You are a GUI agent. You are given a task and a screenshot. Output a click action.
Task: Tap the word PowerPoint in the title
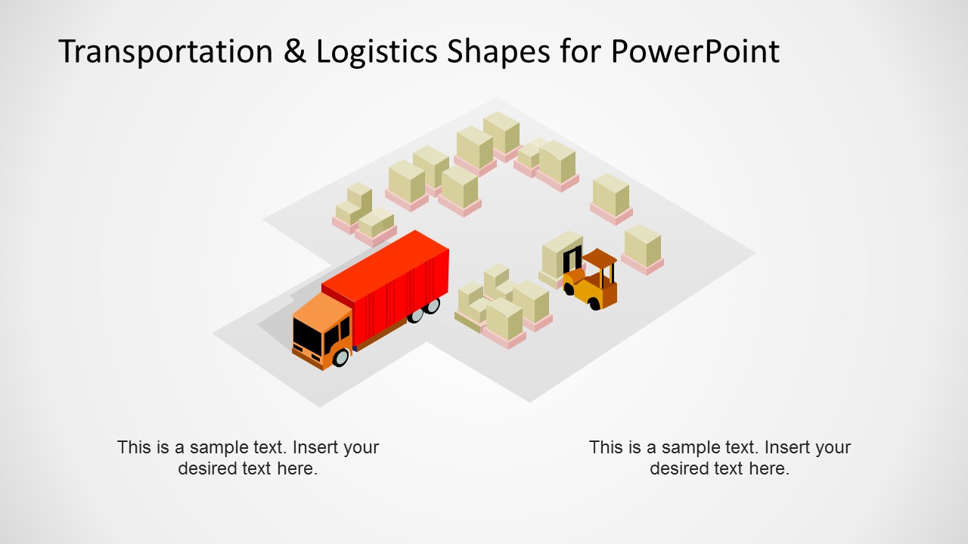(694, 51)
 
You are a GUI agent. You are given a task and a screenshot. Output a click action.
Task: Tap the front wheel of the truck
(340, 357)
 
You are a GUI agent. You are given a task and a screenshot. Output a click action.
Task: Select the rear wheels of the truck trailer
(423, 310)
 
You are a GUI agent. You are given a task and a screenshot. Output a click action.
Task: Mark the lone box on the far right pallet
(643, 246)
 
